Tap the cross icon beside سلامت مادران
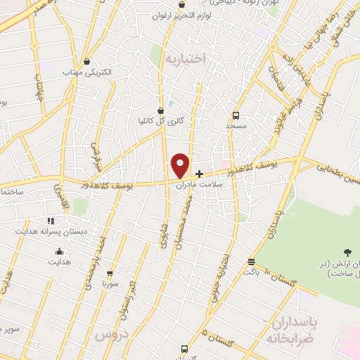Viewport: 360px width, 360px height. (x=200, y=174)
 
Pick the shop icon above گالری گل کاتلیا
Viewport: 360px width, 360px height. (x=161, y=110)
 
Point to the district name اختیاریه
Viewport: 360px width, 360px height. (x=186, y=59)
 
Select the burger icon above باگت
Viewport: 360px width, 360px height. (x=251, y=262)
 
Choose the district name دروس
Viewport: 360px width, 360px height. (x=108, y=335)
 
